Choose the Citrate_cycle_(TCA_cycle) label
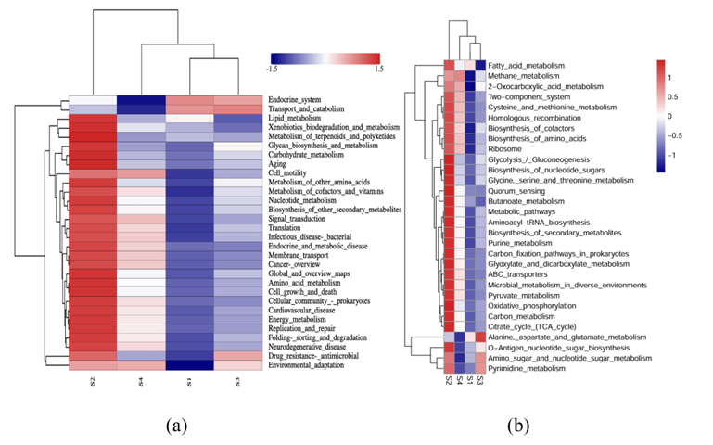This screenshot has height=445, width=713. (536, 327)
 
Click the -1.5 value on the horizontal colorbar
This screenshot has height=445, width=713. (273, 68)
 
